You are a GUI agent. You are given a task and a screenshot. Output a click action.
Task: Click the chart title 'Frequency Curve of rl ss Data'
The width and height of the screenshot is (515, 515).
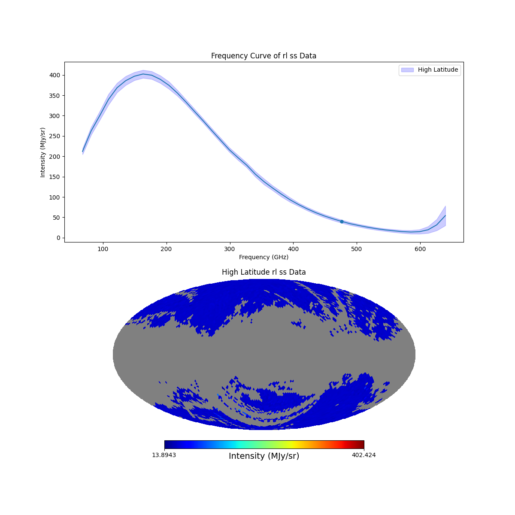point(264,56)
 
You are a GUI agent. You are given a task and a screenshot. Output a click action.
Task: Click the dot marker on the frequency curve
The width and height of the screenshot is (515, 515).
point(342,221)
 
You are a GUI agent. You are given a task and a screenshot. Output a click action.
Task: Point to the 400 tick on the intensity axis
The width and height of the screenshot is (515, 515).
point(54,75)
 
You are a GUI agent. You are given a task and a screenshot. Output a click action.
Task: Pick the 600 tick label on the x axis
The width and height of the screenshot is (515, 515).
point(420,248)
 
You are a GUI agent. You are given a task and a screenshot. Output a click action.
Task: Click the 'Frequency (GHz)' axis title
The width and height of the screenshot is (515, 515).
point(264,257)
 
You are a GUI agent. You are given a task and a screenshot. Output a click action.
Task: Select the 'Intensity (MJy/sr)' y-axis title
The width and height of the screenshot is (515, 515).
point(43,152)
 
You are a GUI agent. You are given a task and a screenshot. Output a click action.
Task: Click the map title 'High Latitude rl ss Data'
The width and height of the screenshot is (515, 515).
point(264,272)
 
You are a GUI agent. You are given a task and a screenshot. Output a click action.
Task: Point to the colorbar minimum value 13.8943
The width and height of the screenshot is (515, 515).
point(164,455)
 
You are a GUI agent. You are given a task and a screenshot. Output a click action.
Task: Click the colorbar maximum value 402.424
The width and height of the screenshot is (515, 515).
point(364,455)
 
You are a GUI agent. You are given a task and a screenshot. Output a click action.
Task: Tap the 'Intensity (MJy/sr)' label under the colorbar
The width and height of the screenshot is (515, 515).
point(264,456)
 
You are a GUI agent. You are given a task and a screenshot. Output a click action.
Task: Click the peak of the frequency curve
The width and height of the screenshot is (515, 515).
point(143,74)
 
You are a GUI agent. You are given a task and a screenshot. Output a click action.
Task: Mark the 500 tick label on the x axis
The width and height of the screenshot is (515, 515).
point(357,248)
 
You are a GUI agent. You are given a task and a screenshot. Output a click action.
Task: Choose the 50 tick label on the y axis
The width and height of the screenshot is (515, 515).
point(56,218)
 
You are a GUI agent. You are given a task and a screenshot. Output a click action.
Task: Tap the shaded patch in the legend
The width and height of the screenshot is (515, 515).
point(407,70)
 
